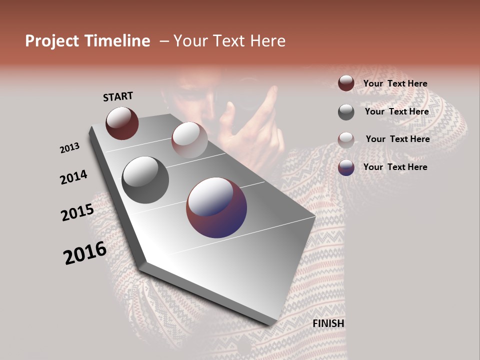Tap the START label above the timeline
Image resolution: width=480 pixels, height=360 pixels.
coord(118,96)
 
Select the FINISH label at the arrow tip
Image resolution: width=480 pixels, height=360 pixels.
coord(328,323)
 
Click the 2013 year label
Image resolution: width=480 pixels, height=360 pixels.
coord(69,148)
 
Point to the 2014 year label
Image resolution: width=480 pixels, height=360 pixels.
coord(73,177)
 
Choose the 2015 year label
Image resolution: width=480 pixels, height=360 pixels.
coord(77,212)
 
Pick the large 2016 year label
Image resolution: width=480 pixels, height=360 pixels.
coord(85,253)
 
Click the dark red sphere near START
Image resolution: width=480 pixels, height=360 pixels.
coord(122,123)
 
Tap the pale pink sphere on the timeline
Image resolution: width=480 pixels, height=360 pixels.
coord(189,139)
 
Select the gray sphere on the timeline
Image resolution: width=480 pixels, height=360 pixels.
coord(145,180)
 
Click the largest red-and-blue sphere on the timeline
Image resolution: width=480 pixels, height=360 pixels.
coord(216,207)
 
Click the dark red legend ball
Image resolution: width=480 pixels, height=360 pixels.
coord(346,83)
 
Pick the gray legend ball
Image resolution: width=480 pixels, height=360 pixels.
coord(346,112)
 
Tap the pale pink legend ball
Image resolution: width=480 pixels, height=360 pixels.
coord(346,140)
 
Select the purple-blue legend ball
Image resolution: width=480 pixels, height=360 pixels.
coord(346,167)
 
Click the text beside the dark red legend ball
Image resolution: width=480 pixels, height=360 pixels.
coord(395,84)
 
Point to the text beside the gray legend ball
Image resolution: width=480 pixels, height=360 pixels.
coord(396,111)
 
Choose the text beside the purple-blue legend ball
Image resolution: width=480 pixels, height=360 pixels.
coord(395,167)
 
